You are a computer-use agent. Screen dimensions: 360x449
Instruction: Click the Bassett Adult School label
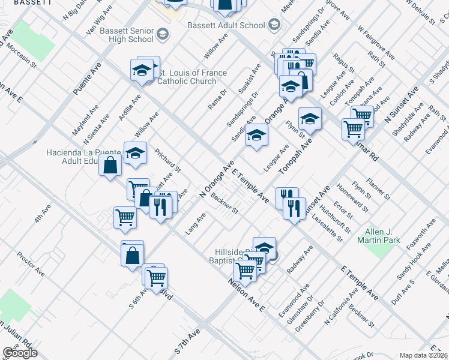226,25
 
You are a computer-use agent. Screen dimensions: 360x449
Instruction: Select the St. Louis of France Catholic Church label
192,77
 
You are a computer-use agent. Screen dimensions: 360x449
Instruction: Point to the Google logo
20,353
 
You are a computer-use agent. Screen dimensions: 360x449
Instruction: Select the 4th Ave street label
41,214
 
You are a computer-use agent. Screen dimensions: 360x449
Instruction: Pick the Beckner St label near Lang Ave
225,205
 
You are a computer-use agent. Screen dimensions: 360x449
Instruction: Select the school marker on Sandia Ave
256,135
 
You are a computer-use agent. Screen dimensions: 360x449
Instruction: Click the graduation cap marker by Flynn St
310,119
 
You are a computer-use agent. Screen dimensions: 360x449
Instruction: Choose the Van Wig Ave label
100,19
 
